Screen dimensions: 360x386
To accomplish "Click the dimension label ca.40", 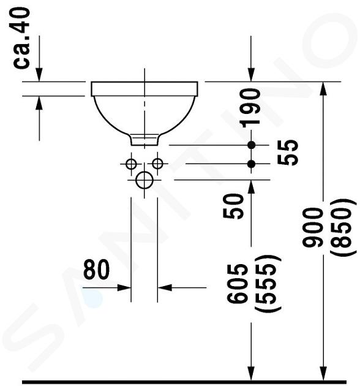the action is point(21,38).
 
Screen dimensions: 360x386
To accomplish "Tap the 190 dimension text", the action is point(251,108).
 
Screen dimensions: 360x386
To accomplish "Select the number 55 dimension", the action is point(287,153).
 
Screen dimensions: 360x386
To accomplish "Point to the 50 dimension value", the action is point(233,206).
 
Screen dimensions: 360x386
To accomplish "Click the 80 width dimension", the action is point(96,270).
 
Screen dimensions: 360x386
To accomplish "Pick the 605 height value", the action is point(237,283).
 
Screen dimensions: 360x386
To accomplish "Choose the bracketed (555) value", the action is point(268,284).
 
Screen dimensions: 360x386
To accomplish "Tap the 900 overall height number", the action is point(312,227).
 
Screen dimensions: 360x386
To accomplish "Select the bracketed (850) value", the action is point(343,227).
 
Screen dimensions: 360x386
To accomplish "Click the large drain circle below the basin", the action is point(144,180).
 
